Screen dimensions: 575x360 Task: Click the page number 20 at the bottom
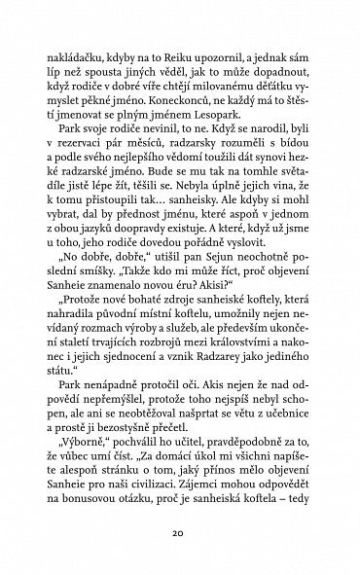[x=179, y=534]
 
